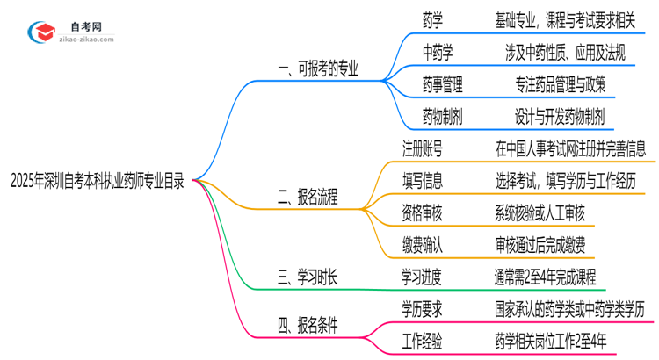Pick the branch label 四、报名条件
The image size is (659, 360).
(308, 327)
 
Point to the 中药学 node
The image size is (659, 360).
(437, 52)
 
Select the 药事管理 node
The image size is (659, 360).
(442, 84)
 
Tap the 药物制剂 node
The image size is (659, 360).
(442, 116)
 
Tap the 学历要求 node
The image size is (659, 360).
(423, 309)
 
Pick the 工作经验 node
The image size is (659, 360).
(423, 342)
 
